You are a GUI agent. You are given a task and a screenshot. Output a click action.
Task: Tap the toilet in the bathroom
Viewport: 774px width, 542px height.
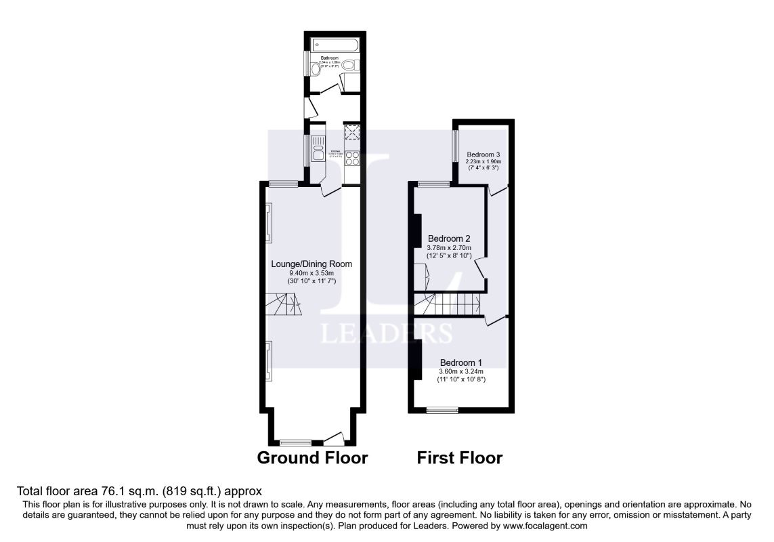click(x=349, y=65)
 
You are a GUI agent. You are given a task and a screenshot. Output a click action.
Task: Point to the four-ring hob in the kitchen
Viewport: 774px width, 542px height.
click(x=352, y=158)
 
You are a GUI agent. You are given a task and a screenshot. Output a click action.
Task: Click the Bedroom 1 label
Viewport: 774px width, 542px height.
click(x=462, y=362)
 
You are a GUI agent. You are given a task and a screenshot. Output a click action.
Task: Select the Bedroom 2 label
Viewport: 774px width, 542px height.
click(x=449, y=238)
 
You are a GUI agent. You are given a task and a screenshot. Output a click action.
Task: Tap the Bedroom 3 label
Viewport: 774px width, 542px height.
click(x=483, y=154)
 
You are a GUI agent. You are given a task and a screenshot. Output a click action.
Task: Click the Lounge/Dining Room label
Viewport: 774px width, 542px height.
click(x=311, y=264)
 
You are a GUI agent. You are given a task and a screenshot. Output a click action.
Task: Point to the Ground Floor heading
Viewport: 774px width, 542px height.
click(x=312, y=458)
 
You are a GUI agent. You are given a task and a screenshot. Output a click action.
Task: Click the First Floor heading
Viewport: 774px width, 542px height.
click(x=460, y=458)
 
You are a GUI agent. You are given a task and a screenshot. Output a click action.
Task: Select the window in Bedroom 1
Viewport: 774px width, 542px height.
click(x=442, y=409)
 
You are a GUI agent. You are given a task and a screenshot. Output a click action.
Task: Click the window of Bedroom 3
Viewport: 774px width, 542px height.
click(x=454, y=146)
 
